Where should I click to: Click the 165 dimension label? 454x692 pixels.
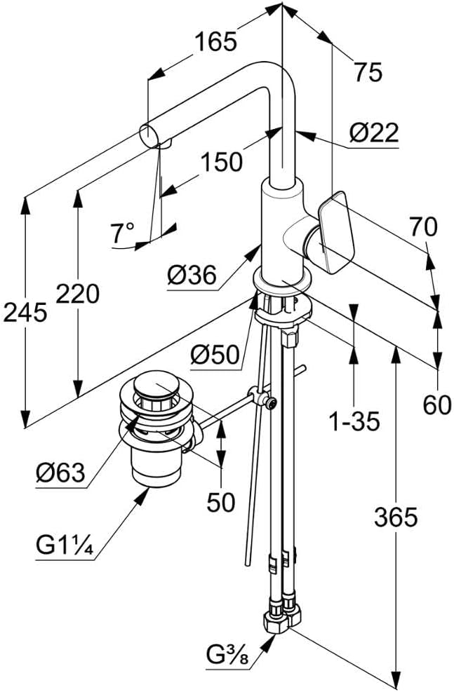(x=215, y=43)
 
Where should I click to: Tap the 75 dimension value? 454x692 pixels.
(x=367, y=72)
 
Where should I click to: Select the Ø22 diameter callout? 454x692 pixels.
(x=374, y=132)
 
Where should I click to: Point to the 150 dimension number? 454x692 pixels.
(x=222, y=162)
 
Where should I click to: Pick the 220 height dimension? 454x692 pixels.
(x=77, y=294)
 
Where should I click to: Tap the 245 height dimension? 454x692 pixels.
(x=25, y=312)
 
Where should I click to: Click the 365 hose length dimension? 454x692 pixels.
(x=395, y=517)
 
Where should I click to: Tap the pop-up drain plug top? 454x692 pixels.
(x=152, y=387)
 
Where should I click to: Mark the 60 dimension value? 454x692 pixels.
(x=437, y=405)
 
